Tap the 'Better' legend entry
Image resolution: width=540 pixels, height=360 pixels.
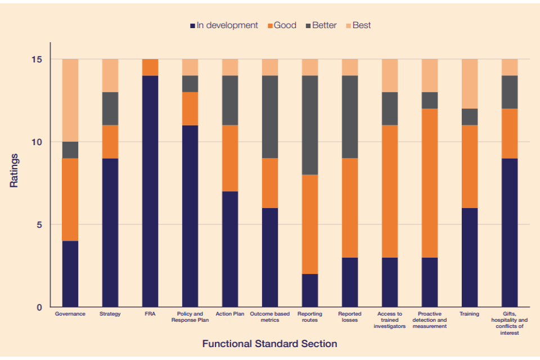tap(322, 25)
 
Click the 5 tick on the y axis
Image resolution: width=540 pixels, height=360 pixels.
tap(40, 224)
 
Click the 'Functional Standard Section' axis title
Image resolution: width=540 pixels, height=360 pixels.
tap(269, 344)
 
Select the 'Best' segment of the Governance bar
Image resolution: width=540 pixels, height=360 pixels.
tap(70, 100)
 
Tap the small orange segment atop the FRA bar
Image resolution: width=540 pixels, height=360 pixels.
tap(150, 67)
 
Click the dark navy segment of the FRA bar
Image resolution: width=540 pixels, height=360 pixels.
tap(150, 191)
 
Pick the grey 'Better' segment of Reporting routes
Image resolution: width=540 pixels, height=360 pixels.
tap(310, 125)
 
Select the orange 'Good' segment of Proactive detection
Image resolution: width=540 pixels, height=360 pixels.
tap(430, 183)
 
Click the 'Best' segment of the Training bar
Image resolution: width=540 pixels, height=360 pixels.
tap(470, 84)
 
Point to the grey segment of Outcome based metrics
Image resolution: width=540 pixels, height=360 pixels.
tap(270, 117)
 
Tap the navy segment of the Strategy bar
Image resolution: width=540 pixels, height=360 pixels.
tap(110, 232)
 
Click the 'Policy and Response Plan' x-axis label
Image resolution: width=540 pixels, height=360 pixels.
tap(190, 317)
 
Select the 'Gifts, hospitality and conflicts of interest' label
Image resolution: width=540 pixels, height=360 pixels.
tap(510, 323)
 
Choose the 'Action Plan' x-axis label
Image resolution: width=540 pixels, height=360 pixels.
tap(230, 314)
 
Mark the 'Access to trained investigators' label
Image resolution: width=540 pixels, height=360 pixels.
tap(389, 320)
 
